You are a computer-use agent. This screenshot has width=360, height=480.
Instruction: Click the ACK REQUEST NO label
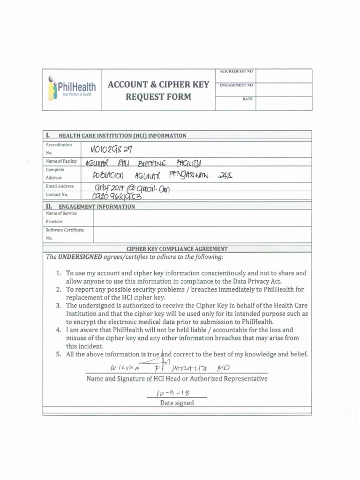click(x=236, y=72)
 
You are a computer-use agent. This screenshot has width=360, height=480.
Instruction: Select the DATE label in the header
click(x=247, y=99)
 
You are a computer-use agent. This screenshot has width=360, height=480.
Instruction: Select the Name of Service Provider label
click(x=61, y=217)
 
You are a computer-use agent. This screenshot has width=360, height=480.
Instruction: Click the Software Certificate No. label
click(x=65, y=233)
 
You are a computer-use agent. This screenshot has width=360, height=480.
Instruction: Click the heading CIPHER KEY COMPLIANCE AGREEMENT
click(x=177, y=249)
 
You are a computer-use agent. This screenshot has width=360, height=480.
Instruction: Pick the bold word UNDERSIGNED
click(x=80, y=257)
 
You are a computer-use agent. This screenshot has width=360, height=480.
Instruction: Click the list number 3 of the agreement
click(x=59, y=306)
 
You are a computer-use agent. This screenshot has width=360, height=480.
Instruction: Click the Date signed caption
click(x=177, y=403)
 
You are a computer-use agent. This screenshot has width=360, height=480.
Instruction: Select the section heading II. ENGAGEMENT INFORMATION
click(x=90, y=206)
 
